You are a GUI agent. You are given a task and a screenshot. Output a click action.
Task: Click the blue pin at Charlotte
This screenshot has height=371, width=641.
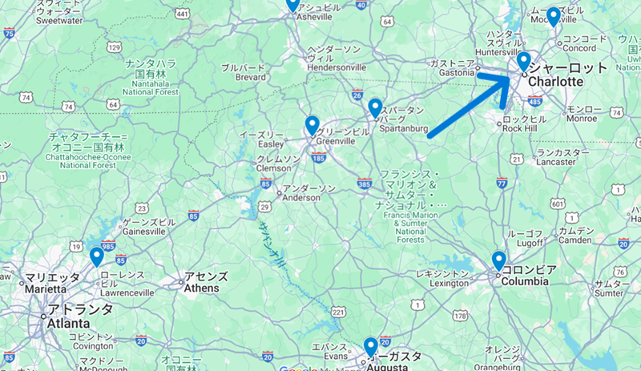523,61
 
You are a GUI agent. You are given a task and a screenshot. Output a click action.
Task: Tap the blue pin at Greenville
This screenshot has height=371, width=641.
312,125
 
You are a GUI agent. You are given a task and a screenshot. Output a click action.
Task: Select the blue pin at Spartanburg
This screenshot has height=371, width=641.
375,107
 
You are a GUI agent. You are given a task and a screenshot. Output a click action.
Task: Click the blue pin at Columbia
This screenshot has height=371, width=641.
498,260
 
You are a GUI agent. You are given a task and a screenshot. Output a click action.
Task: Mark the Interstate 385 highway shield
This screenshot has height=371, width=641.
365,183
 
